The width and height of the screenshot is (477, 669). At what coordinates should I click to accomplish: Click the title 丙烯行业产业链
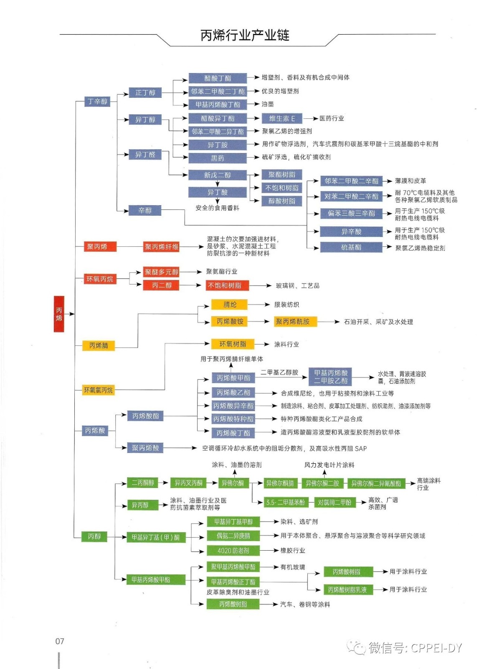[x=245, y=36]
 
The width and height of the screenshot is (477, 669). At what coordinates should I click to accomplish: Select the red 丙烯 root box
[x=59, y=314]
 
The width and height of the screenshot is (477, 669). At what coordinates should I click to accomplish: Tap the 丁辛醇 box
[x=97, y=101]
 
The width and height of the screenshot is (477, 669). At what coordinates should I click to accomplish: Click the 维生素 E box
[x=282, y=118]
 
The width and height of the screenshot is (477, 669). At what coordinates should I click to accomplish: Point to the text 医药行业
[x=332, y=118]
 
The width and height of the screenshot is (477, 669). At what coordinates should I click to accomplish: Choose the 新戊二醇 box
[x=217, y=175]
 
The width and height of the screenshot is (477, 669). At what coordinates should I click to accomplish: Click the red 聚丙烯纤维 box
[x=162, y=247]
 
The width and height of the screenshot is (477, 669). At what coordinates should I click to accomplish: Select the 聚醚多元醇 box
[x=162, y=272]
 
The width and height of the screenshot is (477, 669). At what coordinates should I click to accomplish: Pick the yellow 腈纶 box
[x=230, y=304]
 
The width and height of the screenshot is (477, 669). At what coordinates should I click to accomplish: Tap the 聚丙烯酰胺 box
[x=293, y=322]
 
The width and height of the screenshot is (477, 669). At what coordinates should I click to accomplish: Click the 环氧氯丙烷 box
[x=98, y=390]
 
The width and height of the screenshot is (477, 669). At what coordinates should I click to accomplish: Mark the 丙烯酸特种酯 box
[x=233, y=419]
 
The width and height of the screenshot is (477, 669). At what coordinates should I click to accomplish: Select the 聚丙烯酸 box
[x=145, y=448]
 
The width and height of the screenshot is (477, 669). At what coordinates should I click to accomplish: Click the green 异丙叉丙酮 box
[x=188, y=483]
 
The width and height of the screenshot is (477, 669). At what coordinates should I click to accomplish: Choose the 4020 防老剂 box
[x=233, y=551]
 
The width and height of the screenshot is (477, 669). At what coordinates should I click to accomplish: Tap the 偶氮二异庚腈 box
[x=233, y=536]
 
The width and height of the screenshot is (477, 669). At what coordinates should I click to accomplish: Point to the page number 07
[x=60, y=641]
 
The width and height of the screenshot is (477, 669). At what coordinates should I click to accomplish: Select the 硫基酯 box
[x=351, y=247]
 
